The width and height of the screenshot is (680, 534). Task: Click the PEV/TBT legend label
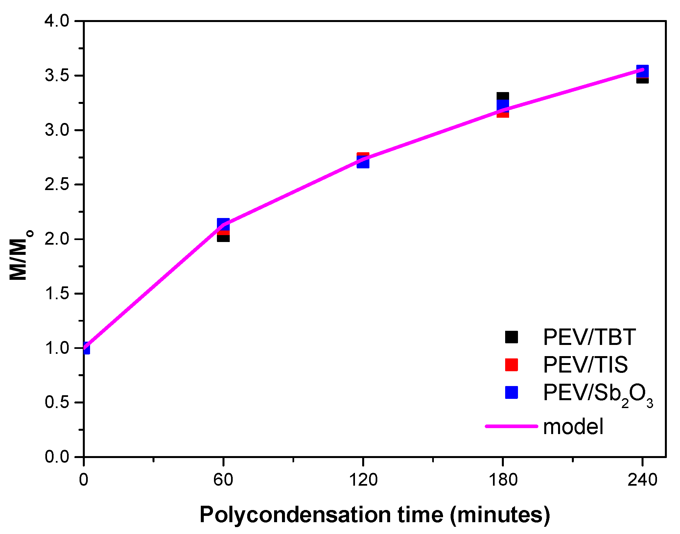pyautogui.click(x=589, y=337)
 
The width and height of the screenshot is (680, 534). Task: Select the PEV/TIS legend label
pyautogui.click(x=585, y=365)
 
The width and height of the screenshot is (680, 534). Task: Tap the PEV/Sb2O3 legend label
pyautogui.click(x=598, y=393)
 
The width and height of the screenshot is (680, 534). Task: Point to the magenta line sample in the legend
pyautogui.click(x=511, y=426)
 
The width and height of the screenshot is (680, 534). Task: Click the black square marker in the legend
pyautogui.click(x=511, y=337)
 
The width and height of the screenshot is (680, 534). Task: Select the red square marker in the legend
pyautogui.click(x=511, y=365)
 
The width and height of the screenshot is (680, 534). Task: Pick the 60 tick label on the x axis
pyautogui.click(x=223, y=480)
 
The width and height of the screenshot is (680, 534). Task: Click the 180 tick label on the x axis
pyautogui.click(x=503, y=480)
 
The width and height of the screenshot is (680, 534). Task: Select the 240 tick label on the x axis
pyautogui.click(x=642, y=480)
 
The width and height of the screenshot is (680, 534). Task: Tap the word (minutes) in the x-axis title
pyautogui.click(x=500, y=515)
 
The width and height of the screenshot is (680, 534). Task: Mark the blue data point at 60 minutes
pyautogui.click(x=223, y=224)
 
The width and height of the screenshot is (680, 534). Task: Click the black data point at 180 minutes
pyautogui.click(x=503, y=96)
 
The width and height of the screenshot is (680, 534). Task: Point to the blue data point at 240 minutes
pyautogui.click(x=642, y=71)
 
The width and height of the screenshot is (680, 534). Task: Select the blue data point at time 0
pyautogui.click(x=86, y=349)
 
